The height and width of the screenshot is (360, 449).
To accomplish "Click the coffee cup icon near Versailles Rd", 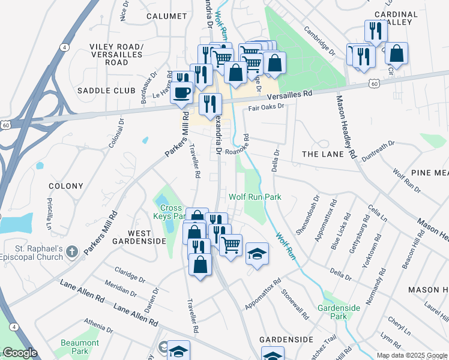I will click(182, 94).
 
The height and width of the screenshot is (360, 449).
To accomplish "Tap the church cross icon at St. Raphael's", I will click(71, 251).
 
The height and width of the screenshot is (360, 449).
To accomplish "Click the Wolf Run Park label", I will click(255, 197).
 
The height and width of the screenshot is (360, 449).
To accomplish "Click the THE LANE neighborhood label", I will click(323, 154).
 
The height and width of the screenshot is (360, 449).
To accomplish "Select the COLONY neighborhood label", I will click(65, 186).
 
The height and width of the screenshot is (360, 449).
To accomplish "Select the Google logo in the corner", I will click(19, 353).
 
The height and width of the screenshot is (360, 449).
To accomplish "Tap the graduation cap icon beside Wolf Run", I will click(257, 253).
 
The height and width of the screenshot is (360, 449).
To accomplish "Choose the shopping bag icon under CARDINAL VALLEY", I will click(396, 53).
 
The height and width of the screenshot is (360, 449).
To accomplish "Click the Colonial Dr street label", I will click(116, 133).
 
